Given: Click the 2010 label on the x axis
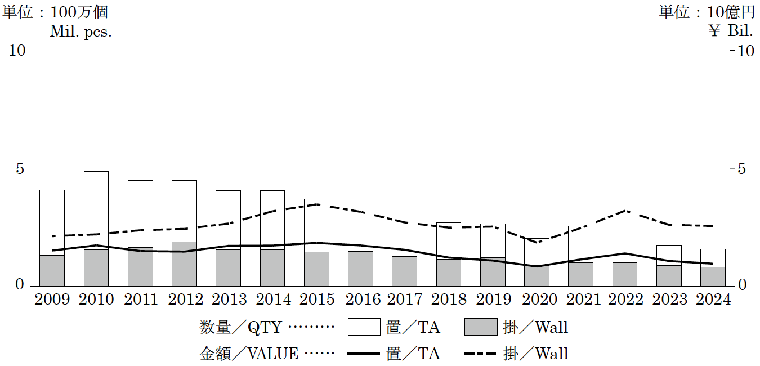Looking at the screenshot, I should tap(96, 299).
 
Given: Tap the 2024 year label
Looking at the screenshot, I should tap(713, 299).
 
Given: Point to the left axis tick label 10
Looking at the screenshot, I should tap(18, 51).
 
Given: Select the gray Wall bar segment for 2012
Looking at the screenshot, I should tap(184, 264).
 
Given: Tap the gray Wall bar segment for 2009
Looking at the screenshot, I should tap(52, 270).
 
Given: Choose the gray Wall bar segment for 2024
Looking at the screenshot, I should tap(713, 276).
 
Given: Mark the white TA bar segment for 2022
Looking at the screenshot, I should tap(624, 246).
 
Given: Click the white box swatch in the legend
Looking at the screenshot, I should tap(364, 327).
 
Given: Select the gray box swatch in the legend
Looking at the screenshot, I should tap(481, 327).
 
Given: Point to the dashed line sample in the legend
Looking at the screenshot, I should tap(481, 354).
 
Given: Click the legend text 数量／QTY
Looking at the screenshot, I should tap(243, 327).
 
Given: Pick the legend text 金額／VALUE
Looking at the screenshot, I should tap(249, 354).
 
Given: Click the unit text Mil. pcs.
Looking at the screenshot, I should tap(81, 32).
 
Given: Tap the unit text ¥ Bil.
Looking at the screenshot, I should tap(731, 32).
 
